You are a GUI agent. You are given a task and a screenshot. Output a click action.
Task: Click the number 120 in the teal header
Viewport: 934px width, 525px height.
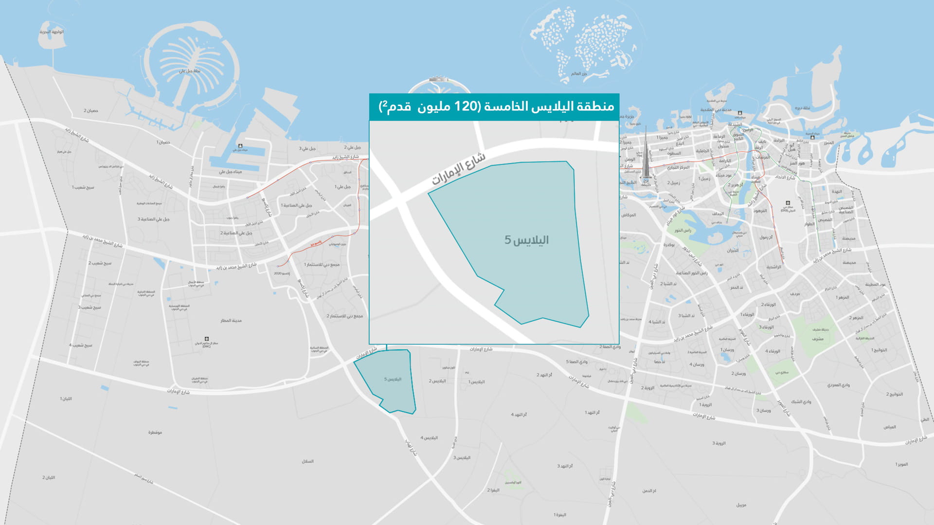click(465, 107)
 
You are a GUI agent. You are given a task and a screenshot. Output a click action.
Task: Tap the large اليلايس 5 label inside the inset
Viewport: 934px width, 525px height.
click(526, 240)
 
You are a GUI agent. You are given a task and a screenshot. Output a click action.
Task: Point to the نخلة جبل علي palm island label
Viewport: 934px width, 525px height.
click(190, 71)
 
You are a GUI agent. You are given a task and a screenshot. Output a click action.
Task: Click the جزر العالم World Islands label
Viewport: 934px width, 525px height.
click(579, 74)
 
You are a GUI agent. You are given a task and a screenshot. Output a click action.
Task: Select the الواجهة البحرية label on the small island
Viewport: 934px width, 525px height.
click(52, 32)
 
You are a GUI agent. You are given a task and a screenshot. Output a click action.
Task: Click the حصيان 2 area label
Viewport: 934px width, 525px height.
click(90, 111)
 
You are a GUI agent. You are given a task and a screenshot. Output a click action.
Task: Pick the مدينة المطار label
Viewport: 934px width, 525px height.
click(231, 321)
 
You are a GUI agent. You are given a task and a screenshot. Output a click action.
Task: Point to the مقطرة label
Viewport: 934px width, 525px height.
click(155, 433)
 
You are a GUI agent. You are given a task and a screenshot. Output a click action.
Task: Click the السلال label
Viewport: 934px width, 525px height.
click(307, 461)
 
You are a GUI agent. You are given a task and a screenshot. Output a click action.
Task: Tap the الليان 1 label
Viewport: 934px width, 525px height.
click(66, 399)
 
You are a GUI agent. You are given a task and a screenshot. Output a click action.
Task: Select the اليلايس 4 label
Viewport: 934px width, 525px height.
click(429, 438)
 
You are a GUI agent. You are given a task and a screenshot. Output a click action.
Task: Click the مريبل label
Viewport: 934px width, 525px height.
click(741, 505)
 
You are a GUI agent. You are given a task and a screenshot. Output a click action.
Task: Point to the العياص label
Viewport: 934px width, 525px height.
click(890, 427)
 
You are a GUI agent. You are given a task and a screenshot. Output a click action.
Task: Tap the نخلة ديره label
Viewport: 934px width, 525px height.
click(803, 108)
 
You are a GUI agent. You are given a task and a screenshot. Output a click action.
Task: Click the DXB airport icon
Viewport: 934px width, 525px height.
click(788, 203)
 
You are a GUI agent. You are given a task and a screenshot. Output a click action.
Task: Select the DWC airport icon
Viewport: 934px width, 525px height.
click(207, 339)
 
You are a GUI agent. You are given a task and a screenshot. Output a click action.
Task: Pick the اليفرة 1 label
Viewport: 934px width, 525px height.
click(560, 515)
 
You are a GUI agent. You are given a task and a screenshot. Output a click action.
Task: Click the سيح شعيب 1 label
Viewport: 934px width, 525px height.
click(83, 187)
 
